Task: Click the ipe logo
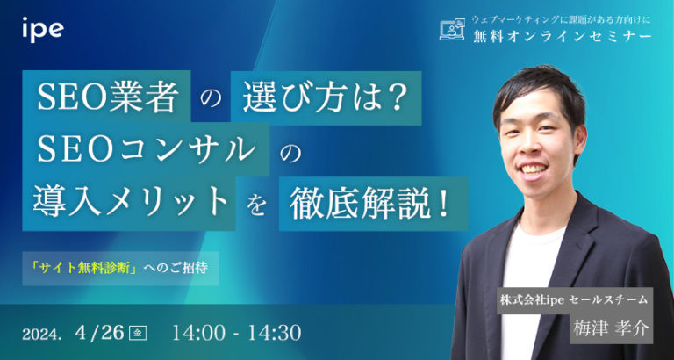(42, 31)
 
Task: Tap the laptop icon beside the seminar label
(451, 30)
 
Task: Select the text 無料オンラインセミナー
(558, 36)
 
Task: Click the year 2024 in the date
(44, 334)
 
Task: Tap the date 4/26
(101, 333)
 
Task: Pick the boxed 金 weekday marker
(136, 333)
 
